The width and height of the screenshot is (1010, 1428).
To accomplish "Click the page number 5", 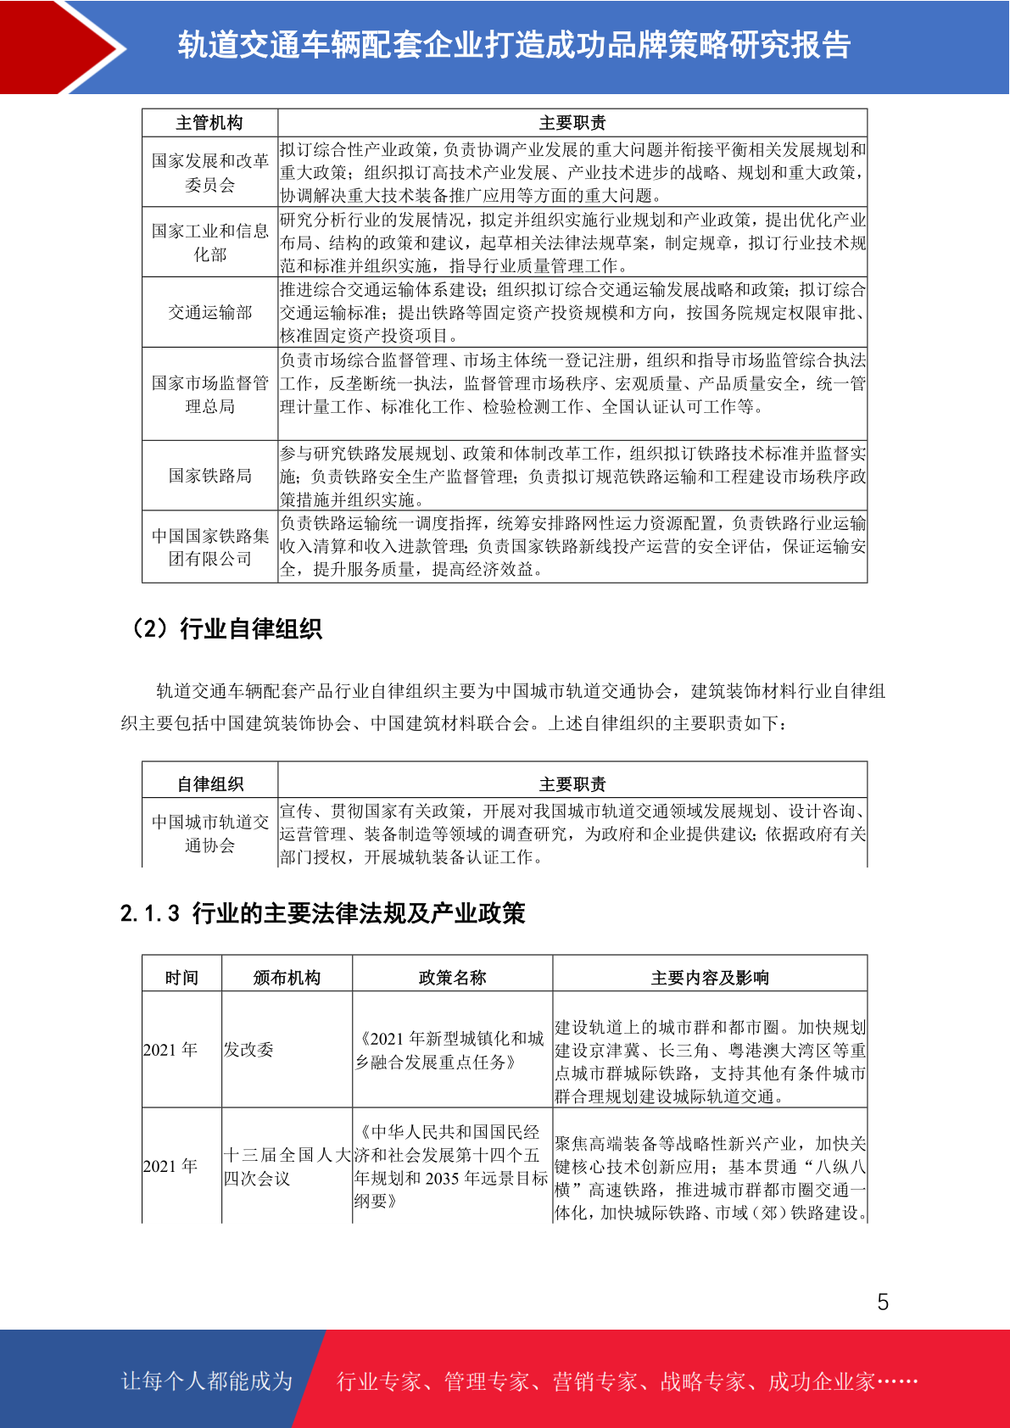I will click(x=883, y=1302).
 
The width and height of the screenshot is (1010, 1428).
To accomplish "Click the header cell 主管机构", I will click(x=209, y=123).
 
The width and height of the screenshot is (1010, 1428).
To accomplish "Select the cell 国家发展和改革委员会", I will click(x=209, y=172).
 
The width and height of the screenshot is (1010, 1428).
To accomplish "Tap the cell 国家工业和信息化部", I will click(x=209, y=243).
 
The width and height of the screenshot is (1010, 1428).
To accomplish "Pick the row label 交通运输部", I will click(x=209, y=312).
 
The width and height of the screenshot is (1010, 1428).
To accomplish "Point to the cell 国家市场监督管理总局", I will click(x=209, y=394).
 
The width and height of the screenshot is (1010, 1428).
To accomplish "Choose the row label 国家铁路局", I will click(x=209, y=476).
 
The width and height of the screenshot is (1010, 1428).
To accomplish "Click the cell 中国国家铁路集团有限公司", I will click(x=209, y=547).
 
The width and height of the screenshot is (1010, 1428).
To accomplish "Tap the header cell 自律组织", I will click(x=209, y=784).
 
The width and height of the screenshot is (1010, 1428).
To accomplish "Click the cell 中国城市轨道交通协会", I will click(x=209, y=834).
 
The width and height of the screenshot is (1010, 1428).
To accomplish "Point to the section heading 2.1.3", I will click(x=323, y=913).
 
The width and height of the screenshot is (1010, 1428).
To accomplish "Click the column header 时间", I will click(x=181, y=978).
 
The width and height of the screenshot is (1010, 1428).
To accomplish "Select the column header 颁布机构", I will click(x=287, y=978).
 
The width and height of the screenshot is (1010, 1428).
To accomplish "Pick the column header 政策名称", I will click(x=452, y=978).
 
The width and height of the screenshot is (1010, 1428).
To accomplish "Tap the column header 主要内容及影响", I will click(x=710, y=978).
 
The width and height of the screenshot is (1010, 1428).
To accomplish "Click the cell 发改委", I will click(x=248, y=1050).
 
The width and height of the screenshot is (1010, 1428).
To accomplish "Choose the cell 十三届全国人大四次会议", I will click(x=287, y=1166).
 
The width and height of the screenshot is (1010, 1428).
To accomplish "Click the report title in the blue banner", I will click(x=514, y=45).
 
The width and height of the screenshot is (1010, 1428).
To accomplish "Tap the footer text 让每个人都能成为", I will click(x=207, y=1381).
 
